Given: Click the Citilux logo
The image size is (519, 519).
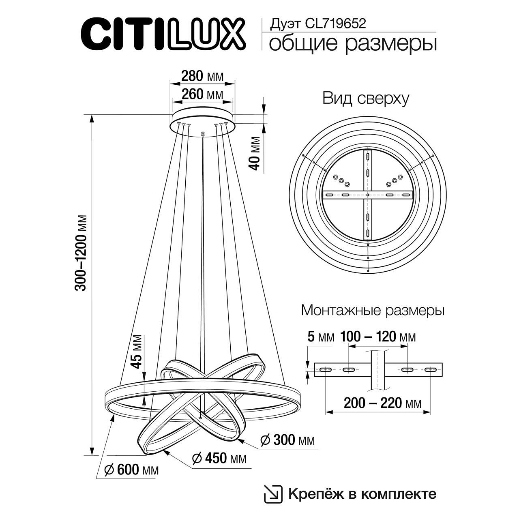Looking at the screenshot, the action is (x=163, y=34).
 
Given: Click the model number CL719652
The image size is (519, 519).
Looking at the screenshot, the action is (x=336, y=24).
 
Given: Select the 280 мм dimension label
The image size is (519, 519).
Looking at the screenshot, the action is (x=202, y=76).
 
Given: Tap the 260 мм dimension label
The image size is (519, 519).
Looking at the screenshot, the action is (x=202, y=94).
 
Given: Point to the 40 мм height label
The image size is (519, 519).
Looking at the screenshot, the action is (x=255, y=153).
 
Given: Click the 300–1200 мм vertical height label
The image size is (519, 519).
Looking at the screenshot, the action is (x=81, y=253).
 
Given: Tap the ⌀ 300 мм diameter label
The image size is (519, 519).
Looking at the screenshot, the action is (x=287, y=440).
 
